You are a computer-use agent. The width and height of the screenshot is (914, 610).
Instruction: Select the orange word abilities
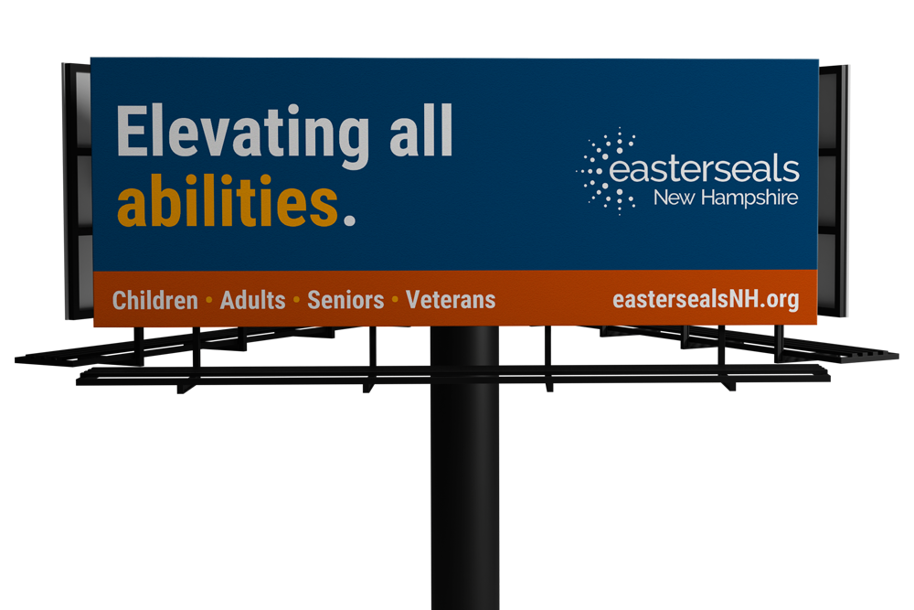(228, 200)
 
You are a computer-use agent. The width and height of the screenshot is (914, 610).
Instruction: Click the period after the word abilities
(349, 219)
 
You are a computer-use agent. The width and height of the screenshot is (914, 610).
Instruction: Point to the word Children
(155, 300)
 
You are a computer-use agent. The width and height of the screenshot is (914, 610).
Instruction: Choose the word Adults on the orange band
(252, 300)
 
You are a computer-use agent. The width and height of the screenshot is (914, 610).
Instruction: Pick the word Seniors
(345, 300)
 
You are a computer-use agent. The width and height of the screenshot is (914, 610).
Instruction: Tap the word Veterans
(451, 300)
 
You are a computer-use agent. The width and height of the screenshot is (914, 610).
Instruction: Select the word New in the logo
(674, 198)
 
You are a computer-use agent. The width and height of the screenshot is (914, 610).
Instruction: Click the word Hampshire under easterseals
(749, 198)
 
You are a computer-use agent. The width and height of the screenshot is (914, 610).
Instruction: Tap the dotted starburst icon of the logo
(606, 170)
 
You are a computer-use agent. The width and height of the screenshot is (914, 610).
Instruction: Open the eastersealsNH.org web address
(706, 300)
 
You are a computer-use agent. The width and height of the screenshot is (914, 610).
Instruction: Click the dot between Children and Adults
(208, 300)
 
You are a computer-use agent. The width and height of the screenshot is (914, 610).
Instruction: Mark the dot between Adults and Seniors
(296, 300)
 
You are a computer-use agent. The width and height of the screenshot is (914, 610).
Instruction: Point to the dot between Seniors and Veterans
(395, 300)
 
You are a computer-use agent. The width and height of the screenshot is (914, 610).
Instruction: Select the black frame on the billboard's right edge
(833, 191)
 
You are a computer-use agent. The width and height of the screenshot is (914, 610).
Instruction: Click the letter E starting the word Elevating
(133, 130)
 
